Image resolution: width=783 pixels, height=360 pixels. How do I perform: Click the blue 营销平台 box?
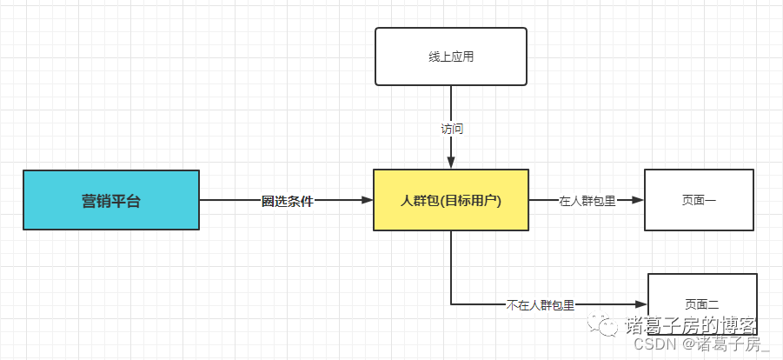(110, 200)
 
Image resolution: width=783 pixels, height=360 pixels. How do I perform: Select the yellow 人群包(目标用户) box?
(450, 200)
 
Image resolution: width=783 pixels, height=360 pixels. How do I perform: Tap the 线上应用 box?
(450, 57)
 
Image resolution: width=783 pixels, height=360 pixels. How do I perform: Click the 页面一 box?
(699, 200)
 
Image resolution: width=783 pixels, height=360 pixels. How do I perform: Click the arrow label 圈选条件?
(287, 201)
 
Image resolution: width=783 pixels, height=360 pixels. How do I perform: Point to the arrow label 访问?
(452, 129)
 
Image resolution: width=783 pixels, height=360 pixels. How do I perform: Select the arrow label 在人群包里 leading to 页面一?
(587, 201)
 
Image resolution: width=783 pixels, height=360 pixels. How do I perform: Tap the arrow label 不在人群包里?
(541, 305)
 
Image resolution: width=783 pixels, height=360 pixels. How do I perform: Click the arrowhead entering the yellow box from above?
(451, 163)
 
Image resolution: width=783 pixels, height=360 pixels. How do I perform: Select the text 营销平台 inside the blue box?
(110, 201)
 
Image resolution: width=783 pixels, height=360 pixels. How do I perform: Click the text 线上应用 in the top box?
(451, 57)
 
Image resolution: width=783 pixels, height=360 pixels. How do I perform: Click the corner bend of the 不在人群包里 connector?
(451, 304)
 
